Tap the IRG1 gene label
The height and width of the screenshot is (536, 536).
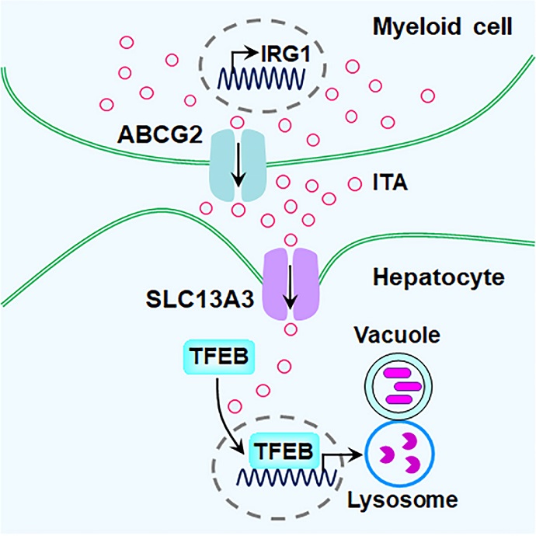tap(274, 54)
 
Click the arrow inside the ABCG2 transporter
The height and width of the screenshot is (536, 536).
tap(238, 168)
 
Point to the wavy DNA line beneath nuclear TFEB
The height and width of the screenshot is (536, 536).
tap(273, 476)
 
